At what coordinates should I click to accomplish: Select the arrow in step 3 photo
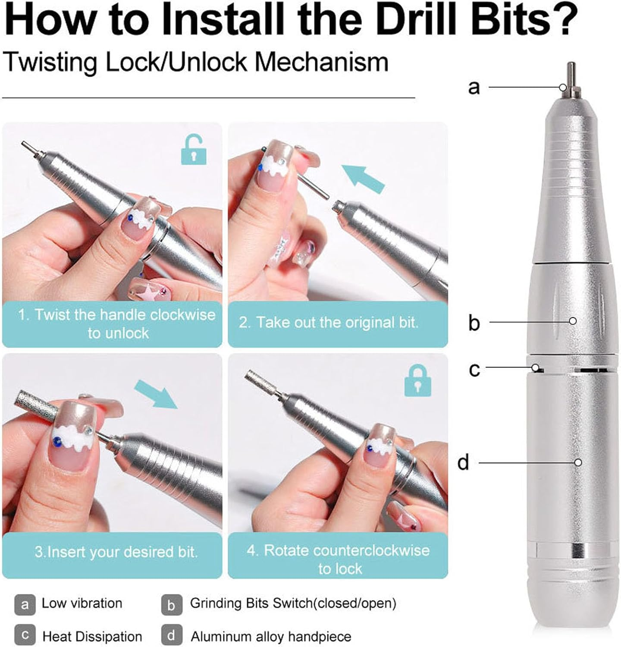coord(156,394)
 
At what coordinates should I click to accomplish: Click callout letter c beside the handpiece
coord(474,370)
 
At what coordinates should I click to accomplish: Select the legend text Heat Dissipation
coord(92,637)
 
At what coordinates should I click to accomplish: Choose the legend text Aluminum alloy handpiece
coord(271,637)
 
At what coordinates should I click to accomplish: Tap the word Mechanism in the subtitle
coord(322,62)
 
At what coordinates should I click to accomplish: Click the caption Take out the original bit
coord(329,323)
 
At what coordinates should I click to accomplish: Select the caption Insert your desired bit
coord(116,552)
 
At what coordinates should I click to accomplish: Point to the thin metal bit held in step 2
coord(312,183)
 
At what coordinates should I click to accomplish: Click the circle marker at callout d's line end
coord(578,462)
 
